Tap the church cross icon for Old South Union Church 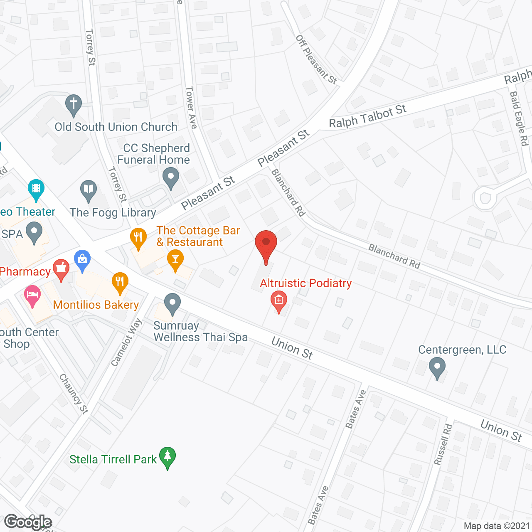click(x=74, y=105)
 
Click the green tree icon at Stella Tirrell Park click(x=167, y=457)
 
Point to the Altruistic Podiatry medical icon click(x=278, y=300)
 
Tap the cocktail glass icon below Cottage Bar click(x=175, y=259)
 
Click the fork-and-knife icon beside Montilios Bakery click(x=120, y=282)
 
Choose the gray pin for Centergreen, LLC click(x=437, y=367)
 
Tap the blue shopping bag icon click(x=82, y=260)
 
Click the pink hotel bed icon click(x=32, y=295)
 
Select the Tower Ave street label click(x=191, y=107)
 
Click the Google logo click(x=28, y=522)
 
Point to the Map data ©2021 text click(x=497, y=526)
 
